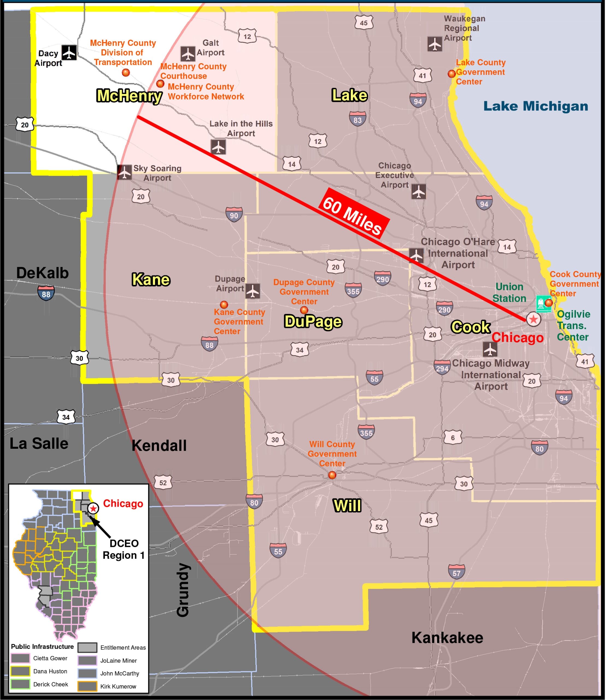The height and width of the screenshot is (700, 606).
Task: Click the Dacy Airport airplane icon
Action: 69,52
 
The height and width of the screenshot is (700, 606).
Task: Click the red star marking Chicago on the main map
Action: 533,319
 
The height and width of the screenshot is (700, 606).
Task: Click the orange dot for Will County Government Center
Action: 332,475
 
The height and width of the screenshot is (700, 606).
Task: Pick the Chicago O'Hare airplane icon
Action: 416,255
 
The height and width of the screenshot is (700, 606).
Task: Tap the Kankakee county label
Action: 447,638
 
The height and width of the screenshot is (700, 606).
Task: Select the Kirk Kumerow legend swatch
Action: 87,686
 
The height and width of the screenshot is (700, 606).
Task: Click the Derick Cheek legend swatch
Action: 20,684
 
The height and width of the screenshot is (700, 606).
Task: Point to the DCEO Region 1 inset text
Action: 124,549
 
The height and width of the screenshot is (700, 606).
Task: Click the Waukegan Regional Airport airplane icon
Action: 435,44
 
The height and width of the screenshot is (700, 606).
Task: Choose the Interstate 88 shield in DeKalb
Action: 46,293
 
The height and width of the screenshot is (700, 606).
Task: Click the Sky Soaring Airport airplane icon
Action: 124,172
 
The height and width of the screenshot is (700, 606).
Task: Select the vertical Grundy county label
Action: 183,590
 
